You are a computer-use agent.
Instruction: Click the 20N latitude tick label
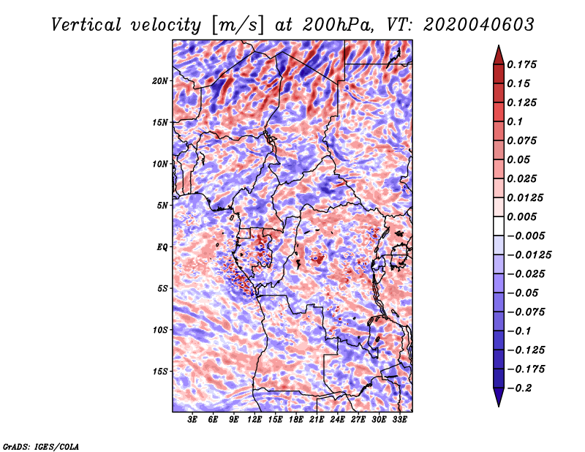click(x=160, y=80)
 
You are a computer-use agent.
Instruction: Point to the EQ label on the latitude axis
click(x=162, y=246)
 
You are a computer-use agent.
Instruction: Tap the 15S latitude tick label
click(x=160, y=372)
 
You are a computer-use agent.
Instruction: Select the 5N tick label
click(x=162, y=206)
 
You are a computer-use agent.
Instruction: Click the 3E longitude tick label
click(x=192, y=420)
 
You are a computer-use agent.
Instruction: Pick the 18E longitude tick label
click(x=296, y=420)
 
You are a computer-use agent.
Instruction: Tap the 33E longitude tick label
click(x=399, y=420)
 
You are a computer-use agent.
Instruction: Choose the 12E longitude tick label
click(x=254, y=420)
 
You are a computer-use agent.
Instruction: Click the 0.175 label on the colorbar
click(x=522, y=64)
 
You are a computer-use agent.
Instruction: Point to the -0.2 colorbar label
click(x=519, y=388)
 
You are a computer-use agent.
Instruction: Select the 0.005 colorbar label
click(x=522, y=216)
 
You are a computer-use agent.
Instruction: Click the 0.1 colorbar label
click(x=516, y=121)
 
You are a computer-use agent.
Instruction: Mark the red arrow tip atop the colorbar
click(x=499, y=45)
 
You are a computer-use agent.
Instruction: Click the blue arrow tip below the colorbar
click(x=499, y=406)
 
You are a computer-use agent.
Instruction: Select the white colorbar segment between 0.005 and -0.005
click(x=499, y=226)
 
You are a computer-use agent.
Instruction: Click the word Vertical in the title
click(x=86, y=25)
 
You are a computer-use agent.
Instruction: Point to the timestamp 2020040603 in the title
click(x=479, y=25)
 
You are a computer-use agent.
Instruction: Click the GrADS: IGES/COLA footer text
click(x=41, y=446)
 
